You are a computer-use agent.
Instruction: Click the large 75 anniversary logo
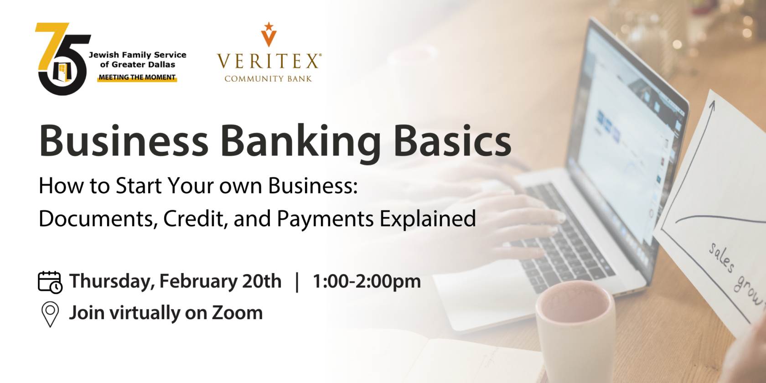click(x=63, y=59)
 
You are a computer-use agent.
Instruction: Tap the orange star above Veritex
click(x=269, y=26)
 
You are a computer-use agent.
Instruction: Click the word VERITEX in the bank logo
click(x=268, y=62)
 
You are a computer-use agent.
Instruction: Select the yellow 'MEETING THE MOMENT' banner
click(x=137, y=78)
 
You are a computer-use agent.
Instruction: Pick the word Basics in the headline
click(x=452, y=140)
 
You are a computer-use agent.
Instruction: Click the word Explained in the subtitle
click(x=428, y=219)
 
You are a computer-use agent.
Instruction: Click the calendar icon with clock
click(x=50, y=282)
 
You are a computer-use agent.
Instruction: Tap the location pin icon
click(x=50, y=314)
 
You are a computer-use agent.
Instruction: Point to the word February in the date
click(x=198, y=281)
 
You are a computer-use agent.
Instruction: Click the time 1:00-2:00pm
click(x=367, y=281)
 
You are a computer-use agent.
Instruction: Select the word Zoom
click(x=237, y=313)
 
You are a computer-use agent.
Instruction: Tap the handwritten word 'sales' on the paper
click(x=721, y=258)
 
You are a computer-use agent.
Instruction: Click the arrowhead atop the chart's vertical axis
click(x=712, y=105)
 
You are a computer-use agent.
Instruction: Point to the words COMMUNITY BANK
click(x=268, y=79)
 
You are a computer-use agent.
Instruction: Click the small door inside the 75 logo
click(x=62, y=72)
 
